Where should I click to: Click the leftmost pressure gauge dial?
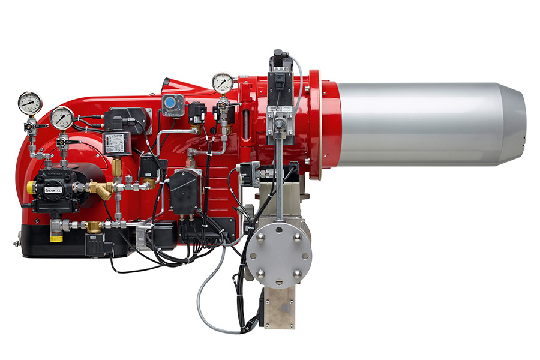click(x=29, y=103)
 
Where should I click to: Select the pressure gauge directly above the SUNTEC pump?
click(x=62, y=118)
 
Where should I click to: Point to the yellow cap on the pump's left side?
click(x=30, y=188)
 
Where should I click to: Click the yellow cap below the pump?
click(x=56, y=238)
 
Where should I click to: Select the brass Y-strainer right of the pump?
click(x=103, y=191)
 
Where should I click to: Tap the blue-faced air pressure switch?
click(x=172, y=106)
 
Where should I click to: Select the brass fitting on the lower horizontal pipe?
click(x=94, y=226)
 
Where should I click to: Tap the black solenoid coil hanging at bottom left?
click(x=96, y=244)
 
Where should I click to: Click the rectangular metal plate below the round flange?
click(x=280, y=306)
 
